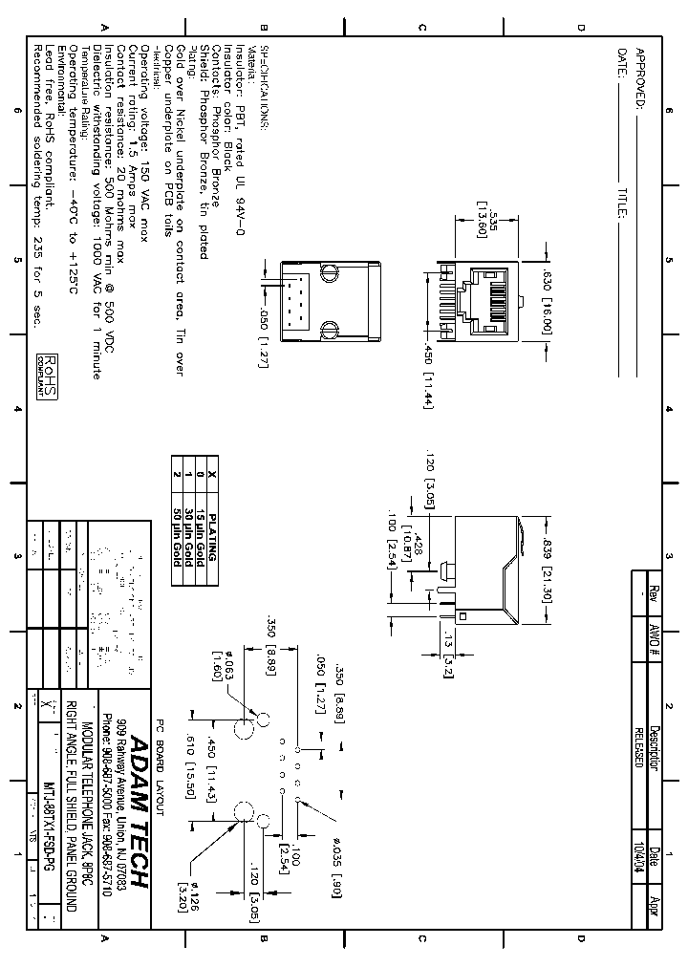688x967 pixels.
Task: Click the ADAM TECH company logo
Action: (x=140, y=812)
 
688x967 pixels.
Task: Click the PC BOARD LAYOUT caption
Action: (x=161, y=763)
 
